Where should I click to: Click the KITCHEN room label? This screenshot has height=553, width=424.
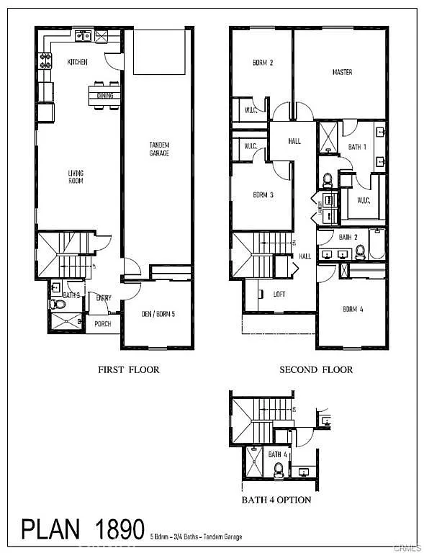[77, 63]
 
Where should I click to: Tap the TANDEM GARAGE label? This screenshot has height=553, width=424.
[159, 149]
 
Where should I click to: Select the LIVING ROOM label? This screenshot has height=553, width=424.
[76, 176]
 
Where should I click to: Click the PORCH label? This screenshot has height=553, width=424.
[103, 324]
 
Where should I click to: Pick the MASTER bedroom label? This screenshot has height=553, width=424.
[342, 73]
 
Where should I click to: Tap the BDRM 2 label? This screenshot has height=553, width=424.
[263, 63]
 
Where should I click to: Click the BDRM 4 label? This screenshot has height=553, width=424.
[353, 310]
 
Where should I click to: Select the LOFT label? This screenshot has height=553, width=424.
[279, 294]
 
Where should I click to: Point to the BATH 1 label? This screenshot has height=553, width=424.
[358, 147]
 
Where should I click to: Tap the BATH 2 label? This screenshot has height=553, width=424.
[348, 237]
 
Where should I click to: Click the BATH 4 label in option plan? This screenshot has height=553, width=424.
[278, 454]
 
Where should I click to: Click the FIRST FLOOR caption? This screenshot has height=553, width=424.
[128, 369]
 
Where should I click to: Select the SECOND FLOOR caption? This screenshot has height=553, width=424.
[316, 369]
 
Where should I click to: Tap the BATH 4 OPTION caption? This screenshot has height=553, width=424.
[276, 500]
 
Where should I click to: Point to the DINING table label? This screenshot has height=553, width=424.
[105, 94]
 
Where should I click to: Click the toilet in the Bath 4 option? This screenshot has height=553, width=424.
[279, 469]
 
